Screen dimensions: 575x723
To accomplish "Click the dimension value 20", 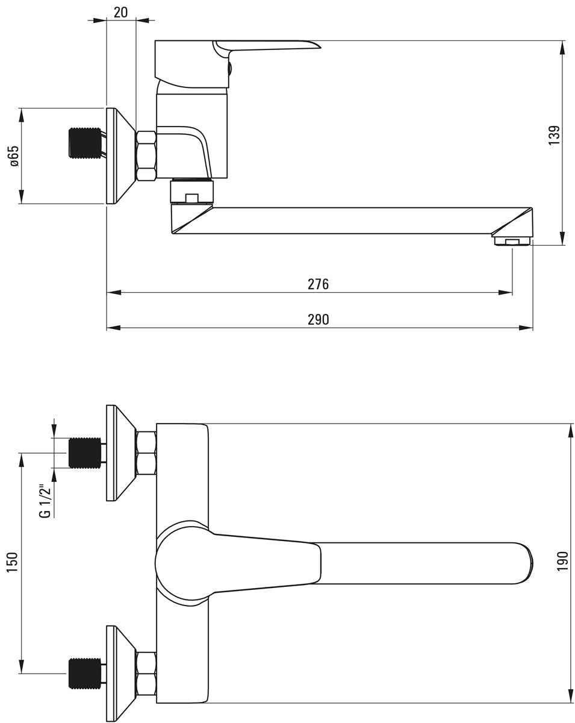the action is [x=121, y=13].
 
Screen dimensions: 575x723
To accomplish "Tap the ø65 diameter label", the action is [x=15, y=155].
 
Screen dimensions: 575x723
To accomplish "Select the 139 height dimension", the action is [x=555, y=135].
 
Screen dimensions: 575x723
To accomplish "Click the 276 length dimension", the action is [x=318, y=284].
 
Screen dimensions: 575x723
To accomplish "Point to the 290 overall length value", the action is [x=318, y=319].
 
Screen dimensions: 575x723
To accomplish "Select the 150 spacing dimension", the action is [x=12, y=563].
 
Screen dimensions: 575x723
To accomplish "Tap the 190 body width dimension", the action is [x=562, y=561].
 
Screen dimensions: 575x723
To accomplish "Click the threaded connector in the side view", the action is [x=85, y=142].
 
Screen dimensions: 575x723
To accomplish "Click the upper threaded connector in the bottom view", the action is [x=85, y=452].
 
